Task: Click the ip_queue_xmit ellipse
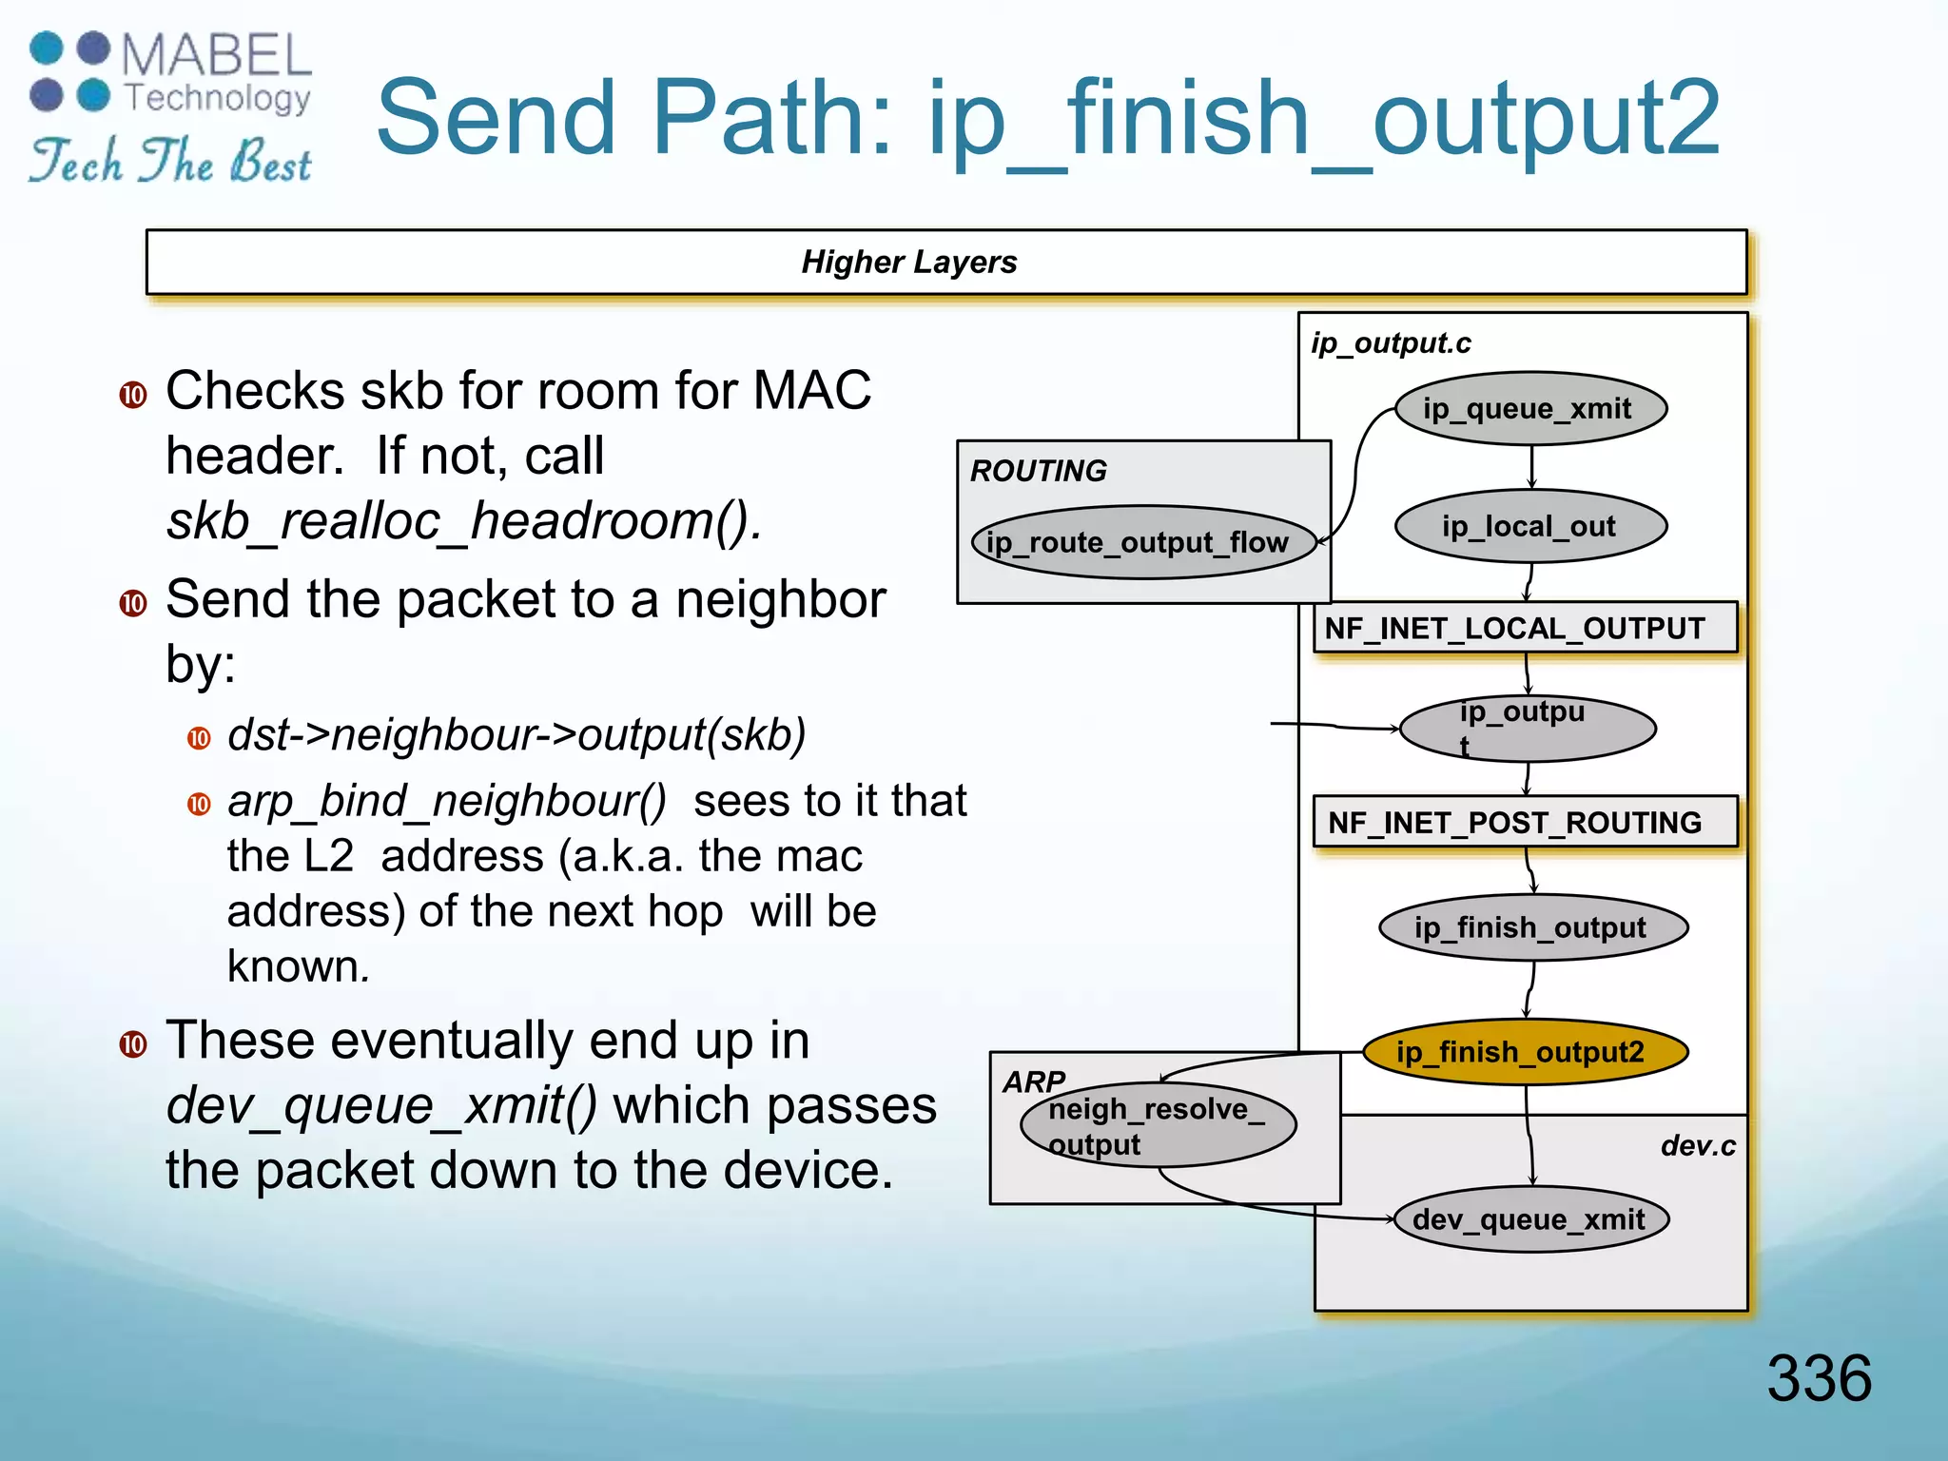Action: coord(1530,409)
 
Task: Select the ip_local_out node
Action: coord(1530,526)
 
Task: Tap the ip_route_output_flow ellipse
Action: coord(1142,542)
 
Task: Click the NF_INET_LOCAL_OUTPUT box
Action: coord(1525,628)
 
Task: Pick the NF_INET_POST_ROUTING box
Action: coord(1525,822)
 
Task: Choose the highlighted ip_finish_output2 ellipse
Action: coord(1525,1052)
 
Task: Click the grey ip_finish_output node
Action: coord(1532,927)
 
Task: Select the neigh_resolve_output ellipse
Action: coord(1158,1125)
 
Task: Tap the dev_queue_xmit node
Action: coord(1530,1219)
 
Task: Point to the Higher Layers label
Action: coord(909,262)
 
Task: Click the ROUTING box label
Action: coord(1038,471)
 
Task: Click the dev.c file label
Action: coord(1698,1146)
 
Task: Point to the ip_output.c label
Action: coord(1391,343)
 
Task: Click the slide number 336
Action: coord(1819,1377)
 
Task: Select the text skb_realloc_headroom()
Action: coord(464,521)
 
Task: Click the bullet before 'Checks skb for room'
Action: coord(133,395)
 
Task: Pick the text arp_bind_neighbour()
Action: coord(447,801)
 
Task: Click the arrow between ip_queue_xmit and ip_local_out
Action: coord(1531,466)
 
